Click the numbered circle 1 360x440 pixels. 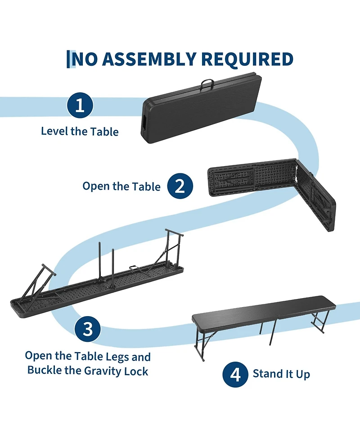[x=80, y=105]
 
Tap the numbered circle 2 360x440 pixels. [x=180, y=186]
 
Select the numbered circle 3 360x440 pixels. [x=88, y=329]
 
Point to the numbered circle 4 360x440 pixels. [x=235, y=374]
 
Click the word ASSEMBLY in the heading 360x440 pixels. [x=149, y=59]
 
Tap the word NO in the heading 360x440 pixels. [x=85, y=59]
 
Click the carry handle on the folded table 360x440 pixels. [x=207, y=84]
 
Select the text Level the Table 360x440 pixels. [x=80, y=132]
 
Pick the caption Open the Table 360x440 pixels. [x=121, y=186]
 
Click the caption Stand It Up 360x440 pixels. [x=281, y=374]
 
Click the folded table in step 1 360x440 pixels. [x=201, y=108]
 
